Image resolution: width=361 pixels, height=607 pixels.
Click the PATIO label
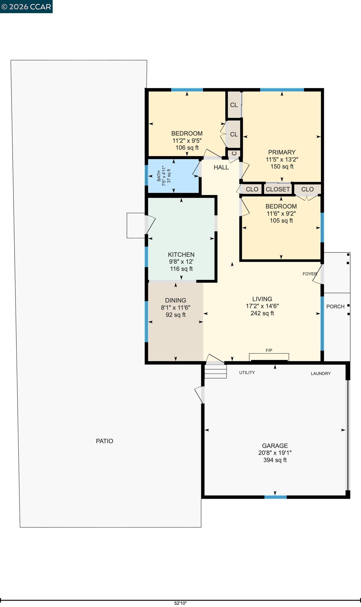pyautogui.click(x=105, y=441)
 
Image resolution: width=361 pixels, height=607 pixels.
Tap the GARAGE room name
pyautogui.click(x=275, y=446)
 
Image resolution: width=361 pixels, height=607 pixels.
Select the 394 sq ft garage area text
pyautogui.click(x=275, y=460)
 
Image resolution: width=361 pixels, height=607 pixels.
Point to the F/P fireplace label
pyautogui.click(x=269, y=350)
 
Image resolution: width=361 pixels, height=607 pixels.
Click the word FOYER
pyautogui.click(x=310, y=274)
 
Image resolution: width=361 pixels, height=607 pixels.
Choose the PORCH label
pyautogui.click(x=335, y=307)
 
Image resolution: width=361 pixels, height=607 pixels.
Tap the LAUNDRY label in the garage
pyautogui.click(x=321, y=374)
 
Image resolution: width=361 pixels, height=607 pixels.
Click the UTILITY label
pyautogui.click(x=247, y=373)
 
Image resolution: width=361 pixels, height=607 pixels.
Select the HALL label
pyautogui.click(x=221, y=167)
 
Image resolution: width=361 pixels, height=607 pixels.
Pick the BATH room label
pyautogui.click(x=159, y=176)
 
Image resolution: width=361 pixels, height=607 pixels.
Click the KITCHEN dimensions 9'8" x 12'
pyautogui.click(x=181, y=262)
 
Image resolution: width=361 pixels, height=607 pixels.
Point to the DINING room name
pyautogui.click(x=176, y=300)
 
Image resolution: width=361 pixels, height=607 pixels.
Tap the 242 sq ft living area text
pyautogui.click(x=262, y=313)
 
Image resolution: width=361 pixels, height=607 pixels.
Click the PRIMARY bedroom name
pyautogui.click(x=282, y=152)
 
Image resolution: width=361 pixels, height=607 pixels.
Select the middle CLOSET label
pyautogui.click(x=278, y=189)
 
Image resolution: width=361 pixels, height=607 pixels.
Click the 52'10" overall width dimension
pyautogui.click(x=180, y=603)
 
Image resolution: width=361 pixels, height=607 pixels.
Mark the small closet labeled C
pyautogui.click(x=234, y=153)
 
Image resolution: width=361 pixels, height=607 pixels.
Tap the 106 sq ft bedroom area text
pyautogui.click(x=187, y=148)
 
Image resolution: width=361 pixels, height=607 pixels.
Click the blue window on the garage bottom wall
pyautogui.click(x=275, y=497)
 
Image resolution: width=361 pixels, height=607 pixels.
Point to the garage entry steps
pyautogui.click(x=216, y=371)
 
